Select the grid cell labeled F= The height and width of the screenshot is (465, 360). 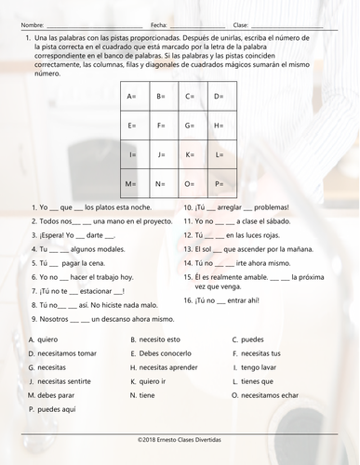coord(162,126)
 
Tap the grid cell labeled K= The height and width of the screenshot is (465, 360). coord(191,154)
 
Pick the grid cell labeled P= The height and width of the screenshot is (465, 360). coord(220,184)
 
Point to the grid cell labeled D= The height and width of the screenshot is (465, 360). coord(220,97)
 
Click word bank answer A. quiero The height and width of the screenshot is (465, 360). coord(42,339)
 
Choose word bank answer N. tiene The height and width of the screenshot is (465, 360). coord(145,395)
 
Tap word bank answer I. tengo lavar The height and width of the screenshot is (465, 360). coord(257,367)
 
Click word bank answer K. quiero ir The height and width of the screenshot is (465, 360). coord(153,381)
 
